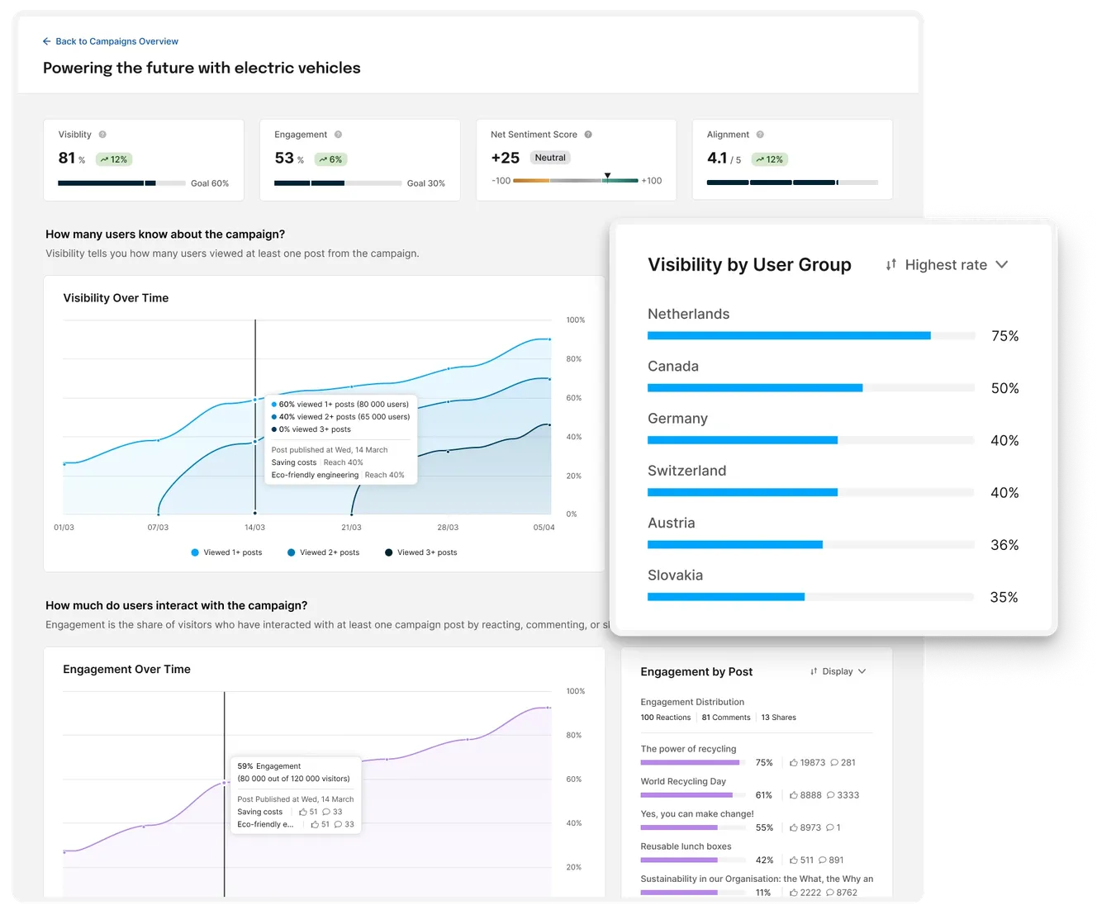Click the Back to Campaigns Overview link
point(111,41)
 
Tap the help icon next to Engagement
point(338,135)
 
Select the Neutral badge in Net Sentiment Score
point(550,158)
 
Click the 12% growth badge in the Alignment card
point(769,159)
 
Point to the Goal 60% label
point(210,183)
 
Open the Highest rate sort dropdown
point(947,265)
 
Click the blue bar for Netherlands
point(789,336)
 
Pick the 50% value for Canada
point(1004,388)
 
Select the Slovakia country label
point(675,576)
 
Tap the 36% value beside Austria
point(1004,545)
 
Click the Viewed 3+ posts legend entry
point(421,552)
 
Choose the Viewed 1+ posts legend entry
point(226,552)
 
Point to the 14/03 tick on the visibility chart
point(254,527)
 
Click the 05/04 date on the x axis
point(544,527)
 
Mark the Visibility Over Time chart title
point(116,298)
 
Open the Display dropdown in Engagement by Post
point(838,671)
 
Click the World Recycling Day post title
point(683,781)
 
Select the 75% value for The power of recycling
point(764,763)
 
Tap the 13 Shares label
point(778,718)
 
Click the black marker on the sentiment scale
point(607,176)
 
